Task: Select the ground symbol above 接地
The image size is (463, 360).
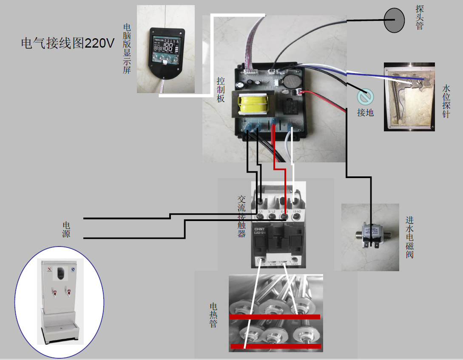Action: click(x=365, y=98)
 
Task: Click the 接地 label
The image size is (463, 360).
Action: click(x=365, y=113)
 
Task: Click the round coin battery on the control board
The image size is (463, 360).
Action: click(x=292, y=81)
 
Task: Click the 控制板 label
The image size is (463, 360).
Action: click(x=221, y=89)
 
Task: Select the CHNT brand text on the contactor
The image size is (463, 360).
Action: click(x=260, y=227)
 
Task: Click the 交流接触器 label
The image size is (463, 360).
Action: click(x=241, y=216)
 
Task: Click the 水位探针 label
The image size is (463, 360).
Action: click(x=446, y=101)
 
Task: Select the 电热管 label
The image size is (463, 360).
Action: click(x=213, y=315)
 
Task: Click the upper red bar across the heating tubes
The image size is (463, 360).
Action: click(x=275, y=317)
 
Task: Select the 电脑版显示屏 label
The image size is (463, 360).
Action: click(x=127, y=48)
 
